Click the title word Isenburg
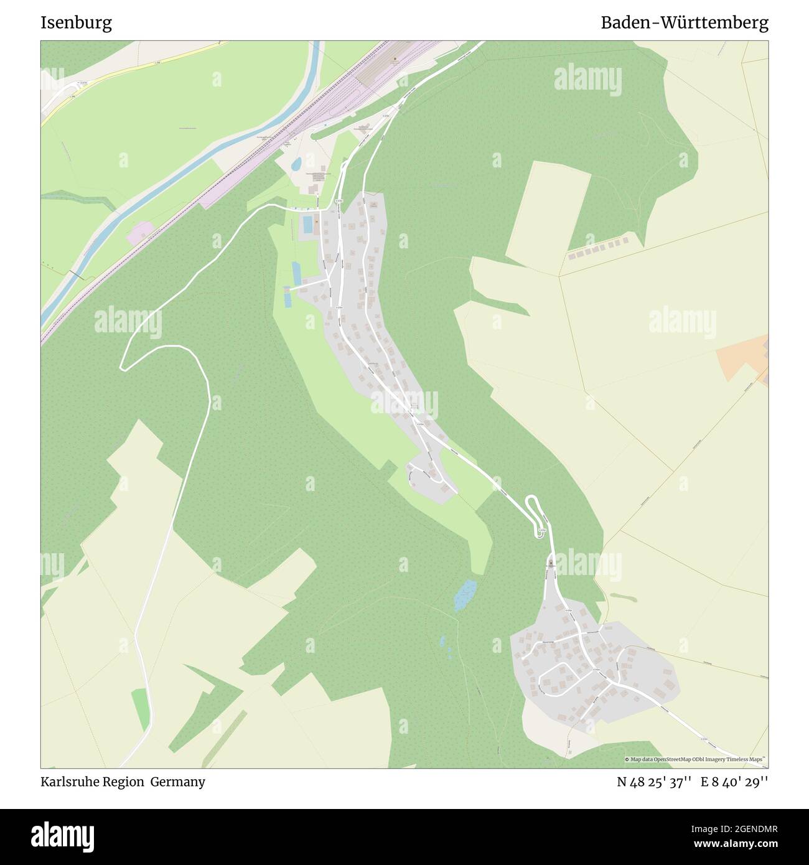coord(76,23)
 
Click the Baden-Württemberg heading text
coord(684,23)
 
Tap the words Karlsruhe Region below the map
coord(91,782)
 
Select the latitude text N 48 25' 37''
coord(653,782)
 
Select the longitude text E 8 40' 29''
coord(734,782)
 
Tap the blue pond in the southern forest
coord(465,595)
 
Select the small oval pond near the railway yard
coord(296,164)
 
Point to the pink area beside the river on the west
coord(140,233)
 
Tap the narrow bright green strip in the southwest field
coord(141,710)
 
